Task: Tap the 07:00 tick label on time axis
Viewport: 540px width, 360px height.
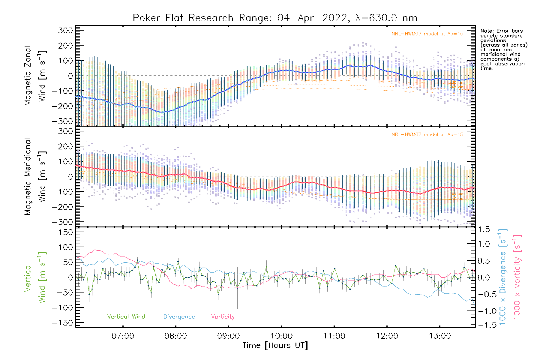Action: pyautogui.click(x=123, y=336)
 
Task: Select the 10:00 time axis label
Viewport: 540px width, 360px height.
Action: pyautogui.click(x=281, y=336)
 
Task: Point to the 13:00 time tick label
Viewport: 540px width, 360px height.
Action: pyautogui.click(x=440, y=336)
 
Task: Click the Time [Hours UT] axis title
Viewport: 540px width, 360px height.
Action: pyautogui.click(x=275, y=345)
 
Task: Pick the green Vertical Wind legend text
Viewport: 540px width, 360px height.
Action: pyautogui.click(x=126, y=316)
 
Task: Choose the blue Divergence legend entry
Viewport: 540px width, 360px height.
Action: pyautogui.click(x=179, y=316)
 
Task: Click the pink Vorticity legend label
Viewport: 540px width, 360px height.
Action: pyautogui.click(x=223, y=316)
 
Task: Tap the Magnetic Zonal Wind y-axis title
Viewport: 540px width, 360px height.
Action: pyautogui.click(x=35, y=76)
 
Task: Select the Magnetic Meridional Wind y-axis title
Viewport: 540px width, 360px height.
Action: pyautogui.click(x=35, y=177)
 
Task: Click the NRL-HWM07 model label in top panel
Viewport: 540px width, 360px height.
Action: pyautogui.click(x=427, y=34)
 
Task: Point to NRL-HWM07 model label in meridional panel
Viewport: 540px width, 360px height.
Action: pyautogui.click(x=427, y=135)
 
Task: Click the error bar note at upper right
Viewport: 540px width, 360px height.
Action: pyautogui.click(x=503, y=49)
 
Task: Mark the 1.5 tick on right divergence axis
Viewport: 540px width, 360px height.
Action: pyautogui.click(x=484, y=229)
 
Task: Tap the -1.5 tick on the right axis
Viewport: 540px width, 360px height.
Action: pyautogui.click(x=484, y=325)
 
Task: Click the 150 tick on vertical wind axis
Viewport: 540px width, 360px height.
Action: pyautogui.click(x=66, y=232)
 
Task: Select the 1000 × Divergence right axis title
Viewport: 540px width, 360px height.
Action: pyautogui.click(x=502, y=277)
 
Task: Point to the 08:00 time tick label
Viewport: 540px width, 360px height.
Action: pyautogui.click(x=175, y=336)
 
